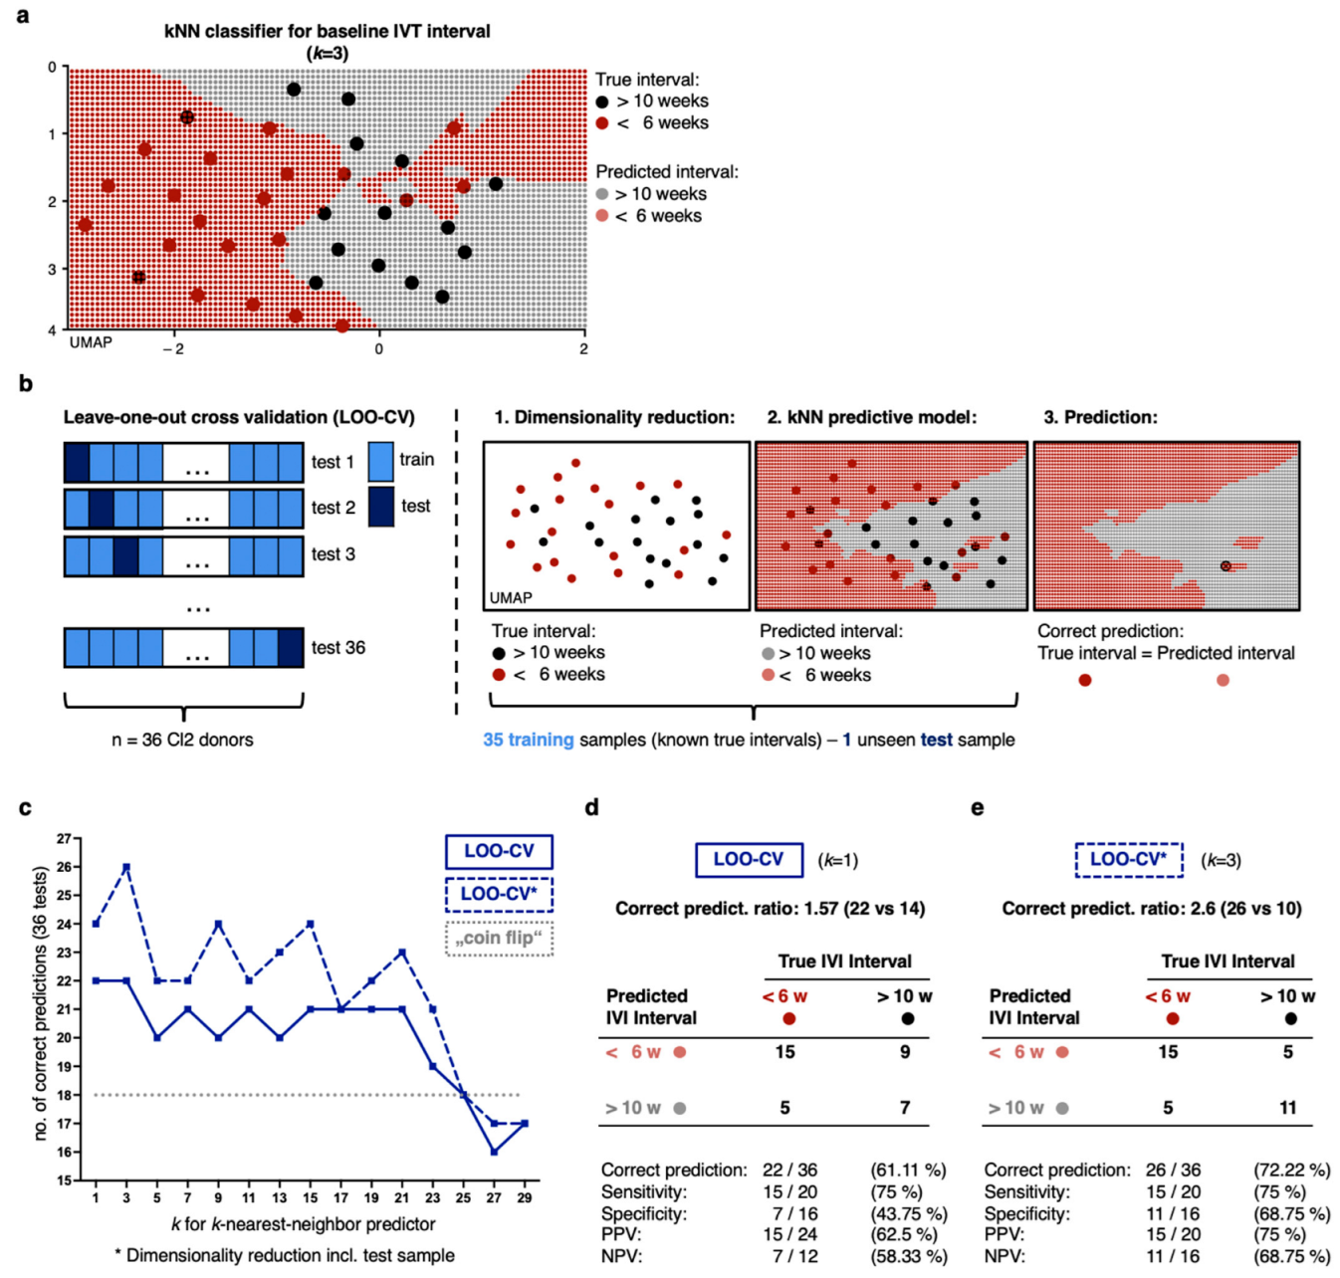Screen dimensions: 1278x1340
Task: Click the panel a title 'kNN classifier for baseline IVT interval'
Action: click(x=327, y=31)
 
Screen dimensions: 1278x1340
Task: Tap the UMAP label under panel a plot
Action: click(x=91, y=342)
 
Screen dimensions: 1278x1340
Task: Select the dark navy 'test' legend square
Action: click(x=381, y=506)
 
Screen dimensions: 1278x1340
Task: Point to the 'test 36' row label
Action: click(x=337, y=648)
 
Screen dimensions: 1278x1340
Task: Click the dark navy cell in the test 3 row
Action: click(x=125, y=556)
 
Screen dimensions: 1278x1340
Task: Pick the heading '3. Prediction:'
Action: click(x=1100, y=417)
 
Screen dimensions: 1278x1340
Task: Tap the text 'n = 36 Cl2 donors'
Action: click(x=182, y=740)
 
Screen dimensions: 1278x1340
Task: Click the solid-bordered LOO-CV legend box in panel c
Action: click(x=498, y=852)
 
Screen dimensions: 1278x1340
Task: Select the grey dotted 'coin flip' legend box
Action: click(x=498, y=938)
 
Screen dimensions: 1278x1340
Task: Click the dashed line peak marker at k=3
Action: click(x=126, y=867)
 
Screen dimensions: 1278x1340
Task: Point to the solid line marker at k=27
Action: click(x=494, y=1152)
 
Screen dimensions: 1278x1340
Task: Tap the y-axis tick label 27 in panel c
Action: click(x=64, y=839)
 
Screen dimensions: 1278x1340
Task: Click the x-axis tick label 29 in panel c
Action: click(x=525, y=1197)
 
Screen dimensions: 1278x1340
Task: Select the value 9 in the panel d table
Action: click(x=905, y=1052)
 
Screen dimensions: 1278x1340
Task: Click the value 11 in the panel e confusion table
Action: click(x=1288, y=1108)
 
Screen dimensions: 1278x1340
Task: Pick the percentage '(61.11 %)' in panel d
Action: click(x=908, y=1171)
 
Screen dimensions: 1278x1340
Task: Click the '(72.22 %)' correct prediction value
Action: click(x=1291, y=1171)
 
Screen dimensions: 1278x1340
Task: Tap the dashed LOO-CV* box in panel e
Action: click(x=1129, y=860)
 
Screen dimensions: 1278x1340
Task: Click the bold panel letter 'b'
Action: click(x=26, y=384)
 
